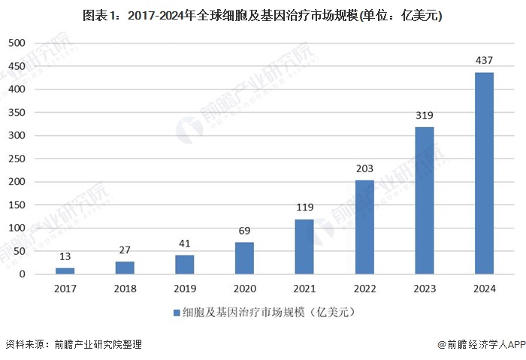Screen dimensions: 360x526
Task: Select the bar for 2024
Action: click(x=484, y=174)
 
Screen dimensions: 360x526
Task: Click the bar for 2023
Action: click(x=424, y=201)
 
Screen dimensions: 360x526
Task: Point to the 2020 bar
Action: click(x=244, y=258)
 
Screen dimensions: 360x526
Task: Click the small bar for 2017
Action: click(x=65, y=271)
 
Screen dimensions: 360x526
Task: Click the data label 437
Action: click(x=484, y=60)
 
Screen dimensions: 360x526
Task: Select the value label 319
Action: click(x=424, y=115)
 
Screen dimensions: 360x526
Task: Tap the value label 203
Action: click(x=364, y=168)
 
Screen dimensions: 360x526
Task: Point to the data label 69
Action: click(x=244, y=230)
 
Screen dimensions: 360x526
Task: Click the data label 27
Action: click(x=125, y=250)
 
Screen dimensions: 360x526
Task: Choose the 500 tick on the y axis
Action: click(x=17, y=44)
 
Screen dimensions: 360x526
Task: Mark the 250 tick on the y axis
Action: click(x=17, y=159)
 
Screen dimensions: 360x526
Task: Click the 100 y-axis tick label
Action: click(x=17, y=228)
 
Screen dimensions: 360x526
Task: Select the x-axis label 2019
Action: click(x=185, y=287)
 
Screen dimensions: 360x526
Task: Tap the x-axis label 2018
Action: click(x=125, y=287)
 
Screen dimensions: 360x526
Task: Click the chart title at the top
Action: click(x=263, y=15)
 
